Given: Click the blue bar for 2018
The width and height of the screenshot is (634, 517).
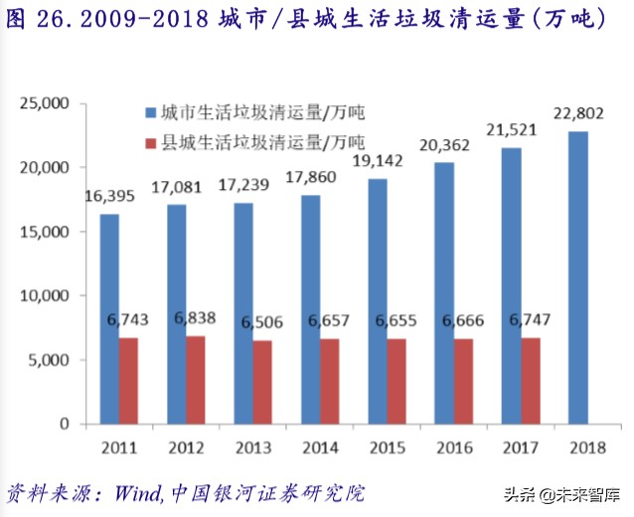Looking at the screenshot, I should click(577, 277).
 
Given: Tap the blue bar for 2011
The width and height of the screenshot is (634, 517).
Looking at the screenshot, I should click(109, 318).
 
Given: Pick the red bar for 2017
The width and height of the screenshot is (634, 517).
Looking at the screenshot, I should click(530, 381).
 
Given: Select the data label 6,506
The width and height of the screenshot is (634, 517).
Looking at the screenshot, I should click(261, 322).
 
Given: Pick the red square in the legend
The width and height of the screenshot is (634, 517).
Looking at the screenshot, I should click(150, 142).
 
